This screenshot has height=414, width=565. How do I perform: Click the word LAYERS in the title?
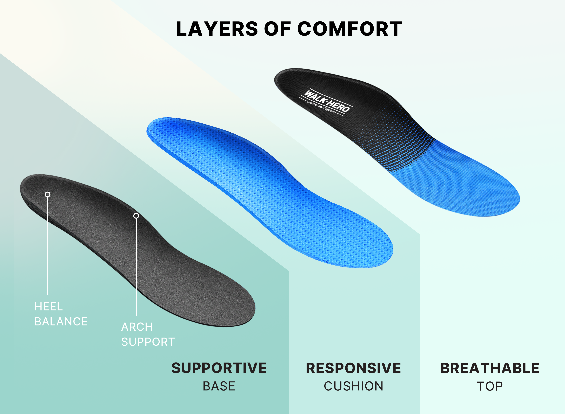point(217,29)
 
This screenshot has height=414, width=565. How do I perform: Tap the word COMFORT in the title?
point(350,29)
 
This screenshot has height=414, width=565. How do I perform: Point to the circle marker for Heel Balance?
point(47,195)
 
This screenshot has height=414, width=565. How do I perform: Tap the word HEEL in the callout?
point(49,306)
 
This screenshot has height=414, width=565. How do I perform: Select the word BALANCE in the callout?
point(61,322)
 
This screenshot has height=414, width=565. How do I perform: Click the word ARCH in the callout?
point(137,327)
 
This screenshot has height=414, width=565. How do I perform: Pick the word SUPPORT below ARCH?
point(148,342)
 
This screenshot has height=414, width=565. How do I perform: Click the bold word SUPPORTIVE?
point(219,368)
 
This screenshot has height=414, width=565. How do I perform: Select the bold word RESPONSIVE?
point(353,368)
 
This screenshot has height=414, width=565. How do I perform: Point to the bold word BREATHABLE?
point(490,368)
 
